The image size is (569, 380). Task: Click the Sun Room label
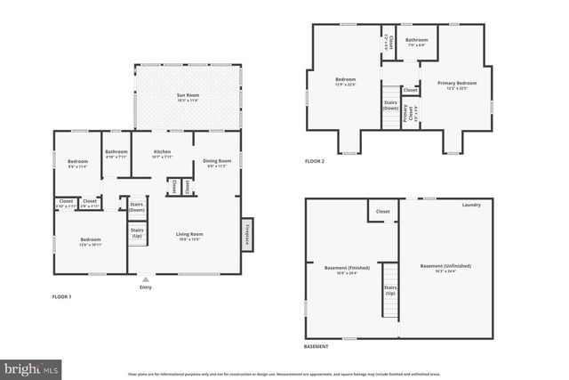[x=187, y=94]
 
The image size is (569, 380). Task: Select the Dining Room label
[x=219, y=162]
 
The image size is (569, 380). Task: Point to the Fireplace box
[x=246, y=234]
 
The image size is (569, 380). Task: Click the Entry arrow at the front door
[x=146, y=279]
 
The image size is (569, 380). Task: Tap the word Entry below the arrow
[x=146, y=287]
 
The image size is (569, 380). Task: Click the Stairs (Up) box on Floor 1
[x=137, y=234]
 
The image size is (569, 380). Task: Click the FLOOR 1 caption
[x=61, y=295]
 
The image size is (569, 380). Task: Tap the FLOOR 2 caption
[x=315, y=161]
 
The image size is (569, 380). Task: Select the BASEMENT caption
[x=316, y=346]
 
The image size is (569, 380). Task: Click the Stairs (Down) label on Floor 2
[x=390, y=105]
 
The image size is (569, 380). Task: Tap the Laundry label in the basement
[x=471, y=206]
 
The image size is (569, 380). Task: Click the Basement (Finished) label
[x=341, y=271]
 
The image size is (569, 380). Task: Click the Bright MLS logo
[x=31, y=367]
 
